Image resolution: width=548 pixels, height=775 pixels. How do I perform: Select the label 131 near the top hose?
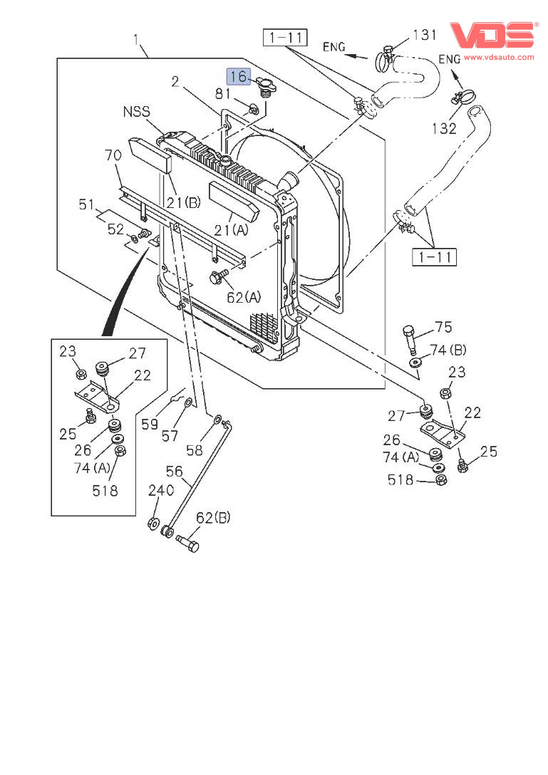tap(425, 36)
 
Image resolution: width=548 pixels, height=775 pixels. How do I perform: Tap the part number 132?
tap(443, 128)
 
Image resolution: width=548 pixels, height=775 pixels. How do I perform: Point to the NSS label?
tap(137, 112)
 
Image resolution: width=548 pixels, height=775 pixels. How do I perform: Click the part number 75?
tap(443, 327)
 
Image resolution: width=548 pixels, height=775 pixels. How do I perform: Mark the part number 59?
tap(150, 425)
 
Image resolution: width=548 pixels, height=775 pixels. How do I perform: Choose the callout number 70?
tap(113, 155)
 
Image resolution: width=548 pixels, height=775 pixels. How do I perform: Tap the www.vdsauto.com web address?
tap(499, 57)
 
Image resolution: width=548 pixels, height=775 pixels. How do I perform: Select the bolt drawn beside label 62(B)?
tap(187, 543)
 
